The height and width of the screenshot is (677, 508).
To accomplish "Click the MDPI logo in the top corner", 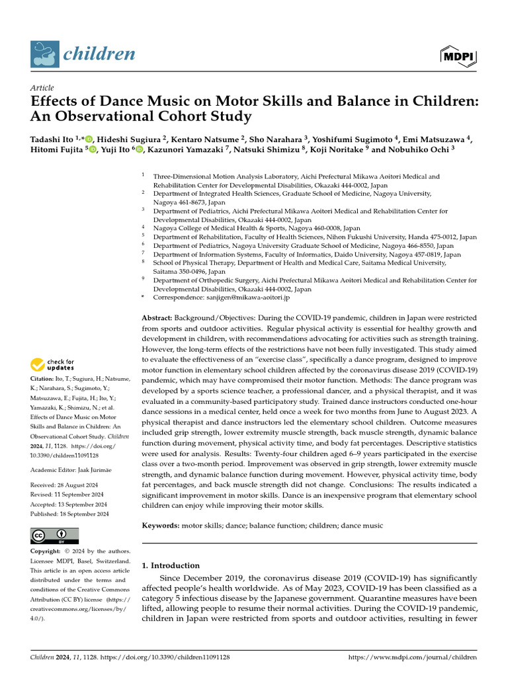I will (458, 56).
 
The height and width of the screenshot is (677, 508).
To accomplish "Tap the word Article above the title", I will (42, 88).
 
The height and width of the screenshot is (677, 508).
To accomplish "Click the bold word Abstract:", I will (157, 318).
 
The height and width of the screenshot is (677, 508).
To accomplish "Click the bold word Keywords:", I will (161, 525).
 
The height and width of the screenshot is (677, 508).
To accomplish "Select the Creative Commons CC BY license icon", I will (54, 536).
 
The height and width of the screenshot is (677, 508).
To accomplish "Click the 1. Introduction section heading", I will (171, 565).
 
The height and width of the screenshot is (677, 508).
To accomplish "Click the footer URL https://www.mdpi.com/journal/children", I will (412, 657).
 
